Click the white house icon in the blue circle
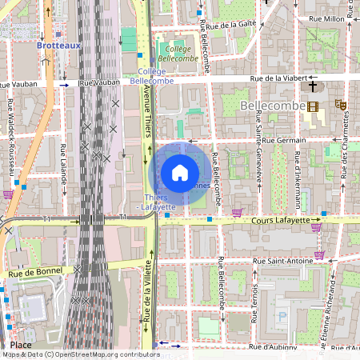[x=180, y=173]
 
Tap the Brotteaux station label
[x=58, y=46]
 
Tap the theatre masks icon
[x=340, y=104]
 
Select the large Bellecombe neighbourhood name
[x=273, y=106]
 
